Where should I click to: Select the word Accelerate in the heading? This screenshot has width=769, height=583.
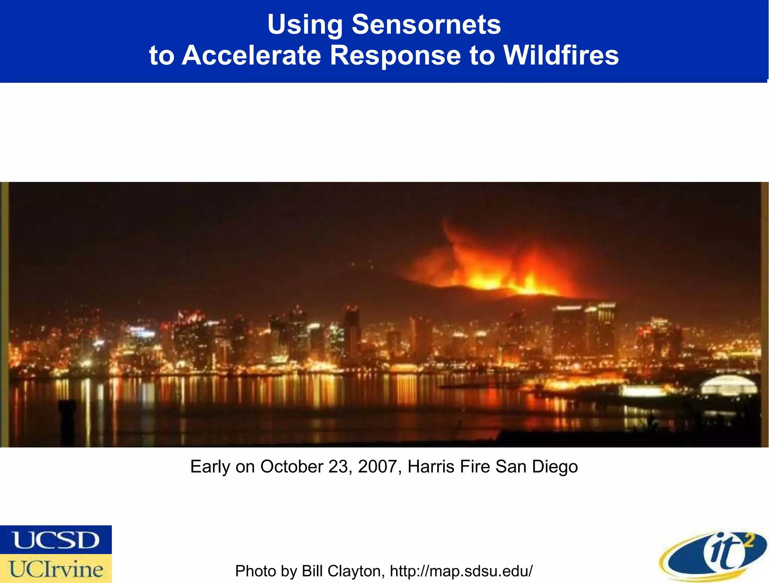[x=251, y=56]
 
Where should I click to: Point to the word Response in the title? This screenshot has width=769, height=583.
[x=395, y=56]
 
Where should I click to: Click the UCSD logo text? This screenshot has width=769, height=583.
[x=56, y=540]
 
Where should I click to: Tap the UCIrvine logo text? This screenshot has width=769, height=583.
[x=56, y=569]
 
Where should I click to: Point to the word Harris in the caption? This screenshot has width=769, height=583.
[x=431, y=467]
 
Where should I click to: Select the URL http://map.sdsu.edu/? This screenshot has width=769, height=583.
[x=461, y=571]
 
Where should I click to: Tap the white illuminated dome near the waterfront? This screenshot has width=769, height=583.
[x=728, y=385]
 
